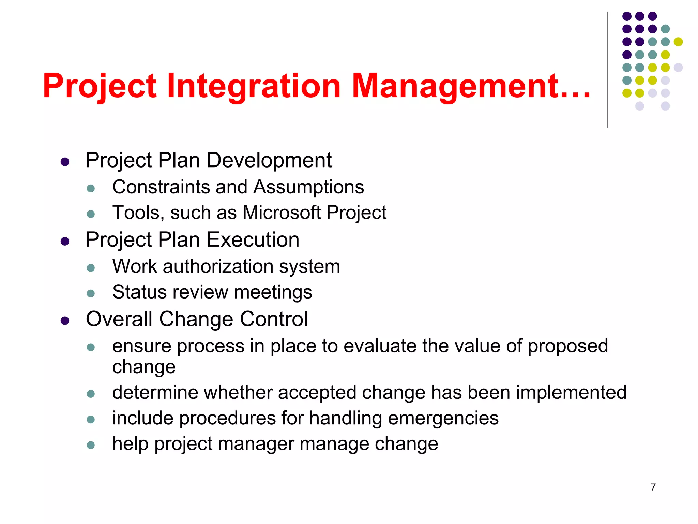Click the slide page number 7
(653, 487)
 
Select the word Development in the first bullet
(269, 160)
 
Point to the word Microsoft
(282, 213)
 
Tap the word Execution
(253, 239)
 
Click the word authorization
(218, 266)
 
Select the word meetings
(273, 292)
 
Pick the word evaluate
(380, 346)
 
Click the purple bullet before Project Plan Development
(65, 162)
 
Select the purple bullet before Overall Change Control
(65, 321)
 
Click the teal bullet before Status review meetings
(91, 293)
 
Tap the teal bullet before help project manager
(91, 445)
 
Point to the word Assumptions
(308, 187)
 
